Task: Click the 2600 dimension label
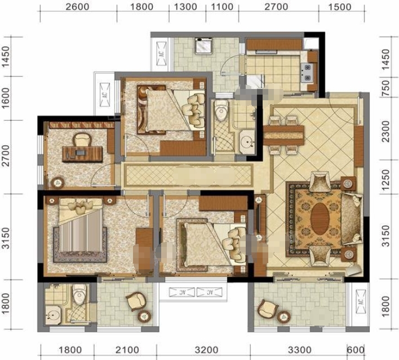(x=77, y=7)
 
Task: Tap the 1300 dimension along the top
(x=185, y=7)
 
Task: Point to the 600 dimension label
(x=356, y=350)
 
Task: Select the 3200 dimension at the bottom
(x=207, y=350)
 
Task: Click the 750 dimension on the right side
(x=386, y=88)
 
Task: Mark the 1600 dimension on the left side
(x=6, y=98)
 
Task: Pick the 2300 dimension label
(x=386, y=131)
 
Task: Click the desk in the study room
(x=82, y=154)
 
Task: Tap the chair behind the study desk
(x=82, y=140)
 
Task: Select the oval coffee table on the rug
(x=320, y=219)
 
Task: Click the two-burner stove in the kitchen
(x=307, y=72)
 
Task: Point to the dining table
(x=283, y=135)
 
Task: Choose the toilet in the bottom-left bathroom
(x=79, y=294)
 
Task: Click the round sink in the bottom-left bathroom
(x=53, y=315)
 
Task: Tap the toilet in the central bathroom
(x=221, y=110)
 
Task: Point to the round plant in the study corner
(x=58, y=183)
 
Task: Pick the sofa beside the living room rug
(x=352, y=219)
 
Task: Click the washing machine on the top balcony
(x=203, y=46)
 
